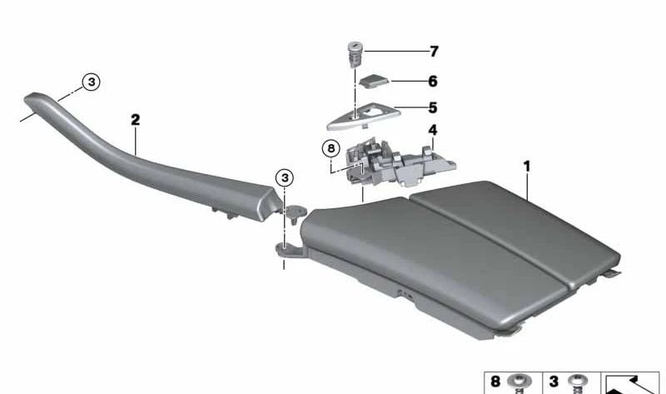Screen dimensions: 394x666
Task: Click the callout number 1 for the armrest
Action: coord(527,167)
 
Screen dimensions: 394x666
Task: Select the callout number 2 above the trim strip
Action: coord(135,120)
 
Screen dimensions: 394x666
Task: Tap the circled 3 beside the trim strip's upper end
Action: coord(91,82)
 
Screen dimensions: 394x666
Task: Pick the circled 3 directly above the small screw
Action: coord(284,177)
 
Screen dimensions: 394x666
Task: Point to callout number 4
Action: coord(433,130)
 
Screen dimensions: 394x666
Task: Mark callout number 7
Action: coord(433,52)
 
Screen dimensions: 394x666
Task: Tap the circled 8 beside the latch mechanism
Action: coord(331,150)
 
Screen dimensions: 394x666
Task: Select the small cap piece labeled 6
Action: coord(372,82)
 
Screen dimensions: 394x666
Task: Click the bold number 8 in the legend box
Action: coord(495,382)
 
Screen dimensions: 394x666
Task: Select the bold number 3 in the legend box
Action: coord(554,382)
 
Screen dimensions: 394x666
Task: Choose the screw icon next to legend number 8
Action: coord(520,383)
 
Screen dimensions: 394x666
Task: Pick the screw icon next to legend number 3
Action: coord(576,383)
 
